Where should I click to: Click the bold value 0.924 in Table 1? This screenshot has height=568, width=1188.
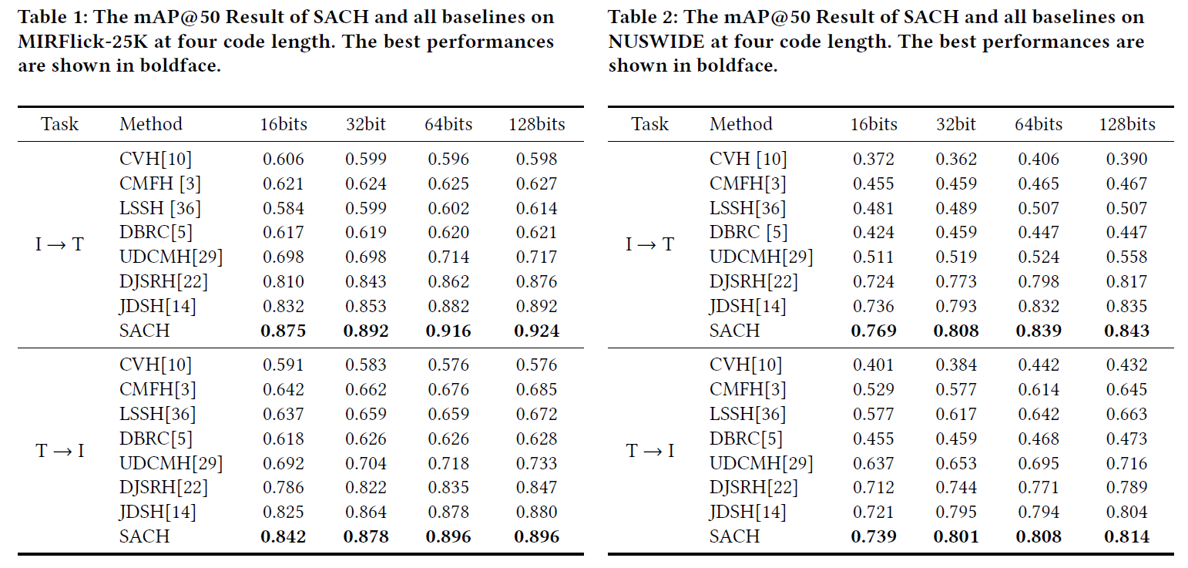click(536, 331)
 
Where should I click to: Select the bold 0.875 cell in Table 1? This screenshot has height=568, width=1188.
click(284, 331)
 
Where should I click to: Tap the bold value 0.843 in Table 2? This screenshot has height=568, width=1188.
click(1126, 331)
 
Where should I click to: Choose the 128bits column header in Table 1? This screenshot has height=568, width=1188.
click(536, 124)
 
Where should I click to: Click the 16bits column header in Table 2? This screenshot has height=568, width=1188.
click(874, 124)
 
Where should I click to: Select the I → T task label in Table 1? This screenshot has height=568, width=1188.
click(60, 245)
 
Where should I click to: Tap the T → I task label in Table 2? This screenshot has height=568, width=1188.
click(650, 451)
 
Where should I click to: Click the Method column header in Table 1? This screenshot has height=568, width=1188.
click(151, 124)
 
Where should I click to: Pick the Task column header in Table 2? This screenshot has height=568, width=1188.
click(650, 124)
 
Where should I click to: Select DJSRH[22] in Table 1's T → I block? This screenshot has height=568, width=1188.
click(163, 488)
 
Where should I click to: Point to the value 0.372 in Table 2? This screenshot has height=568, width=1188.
click(874, 160)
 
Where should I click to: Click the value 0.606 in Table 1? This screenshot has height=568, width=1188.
click(284, 160)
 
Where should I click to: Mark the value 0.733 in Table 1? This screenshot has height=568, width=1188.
click(536, 464)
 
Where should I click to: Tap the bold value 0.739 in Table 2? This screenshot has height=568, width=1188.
click(874, 537)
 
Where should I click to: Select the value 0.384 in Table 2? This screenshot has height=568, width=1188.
click(956, 365)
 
